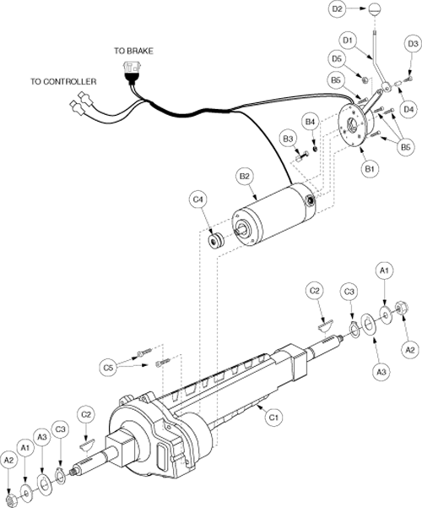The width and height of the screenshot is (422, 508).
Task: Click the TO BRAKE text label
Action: [x=133, y=51]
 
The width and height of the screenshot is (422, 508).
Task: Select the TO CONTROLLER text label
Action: [x=63, y=81]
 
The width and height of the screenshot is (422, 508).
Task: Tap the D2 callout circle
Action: [x=338, y=8]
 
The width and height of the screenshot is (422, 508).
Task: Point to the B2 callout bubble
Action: [x=245, y=177]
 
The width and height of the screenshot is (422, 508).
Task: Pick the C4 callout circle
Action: [x=197, y=199]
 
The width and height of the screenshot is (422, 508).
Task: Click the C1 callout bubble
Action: [x=273, y=418]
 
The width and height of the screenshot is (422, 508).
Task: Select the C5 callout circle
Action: [x=108, y=368]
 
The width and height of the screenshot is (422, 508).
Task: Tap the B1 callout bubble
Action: [x=370, y=169]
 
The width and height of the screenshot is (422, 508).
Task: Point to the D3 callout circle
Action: [x=413, y=44]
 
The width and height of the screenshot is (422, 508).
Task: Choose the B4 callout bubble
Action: [x=310, y=122]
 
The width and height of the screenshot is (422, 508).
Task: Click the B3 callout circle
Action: [x=288, y=139]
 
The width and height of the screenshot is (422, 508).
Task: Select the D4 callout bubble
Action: [x=408, y=109]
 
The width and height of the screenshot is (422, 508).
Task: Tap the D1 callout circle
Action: [x=348, y=41]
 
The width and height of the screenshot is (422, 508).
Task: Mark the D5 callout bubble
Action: [x=337, y=58]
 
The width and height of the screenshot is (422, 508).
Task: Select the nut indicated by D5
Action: [x=364, y=79]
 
